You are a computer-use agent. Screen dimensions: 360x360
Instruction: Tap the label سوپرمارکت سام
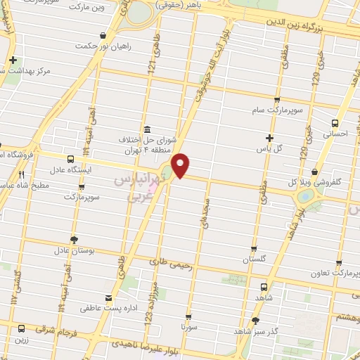point(277,110)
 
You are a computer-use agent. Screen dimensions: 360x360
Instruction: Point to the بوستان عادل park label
point(71,250)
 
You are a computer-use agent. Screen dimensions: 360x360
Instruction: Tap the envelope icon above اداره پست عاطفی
point(108,297)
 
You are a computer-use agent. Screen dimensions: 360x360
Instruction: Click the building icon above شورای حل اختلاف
point(147,130)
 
